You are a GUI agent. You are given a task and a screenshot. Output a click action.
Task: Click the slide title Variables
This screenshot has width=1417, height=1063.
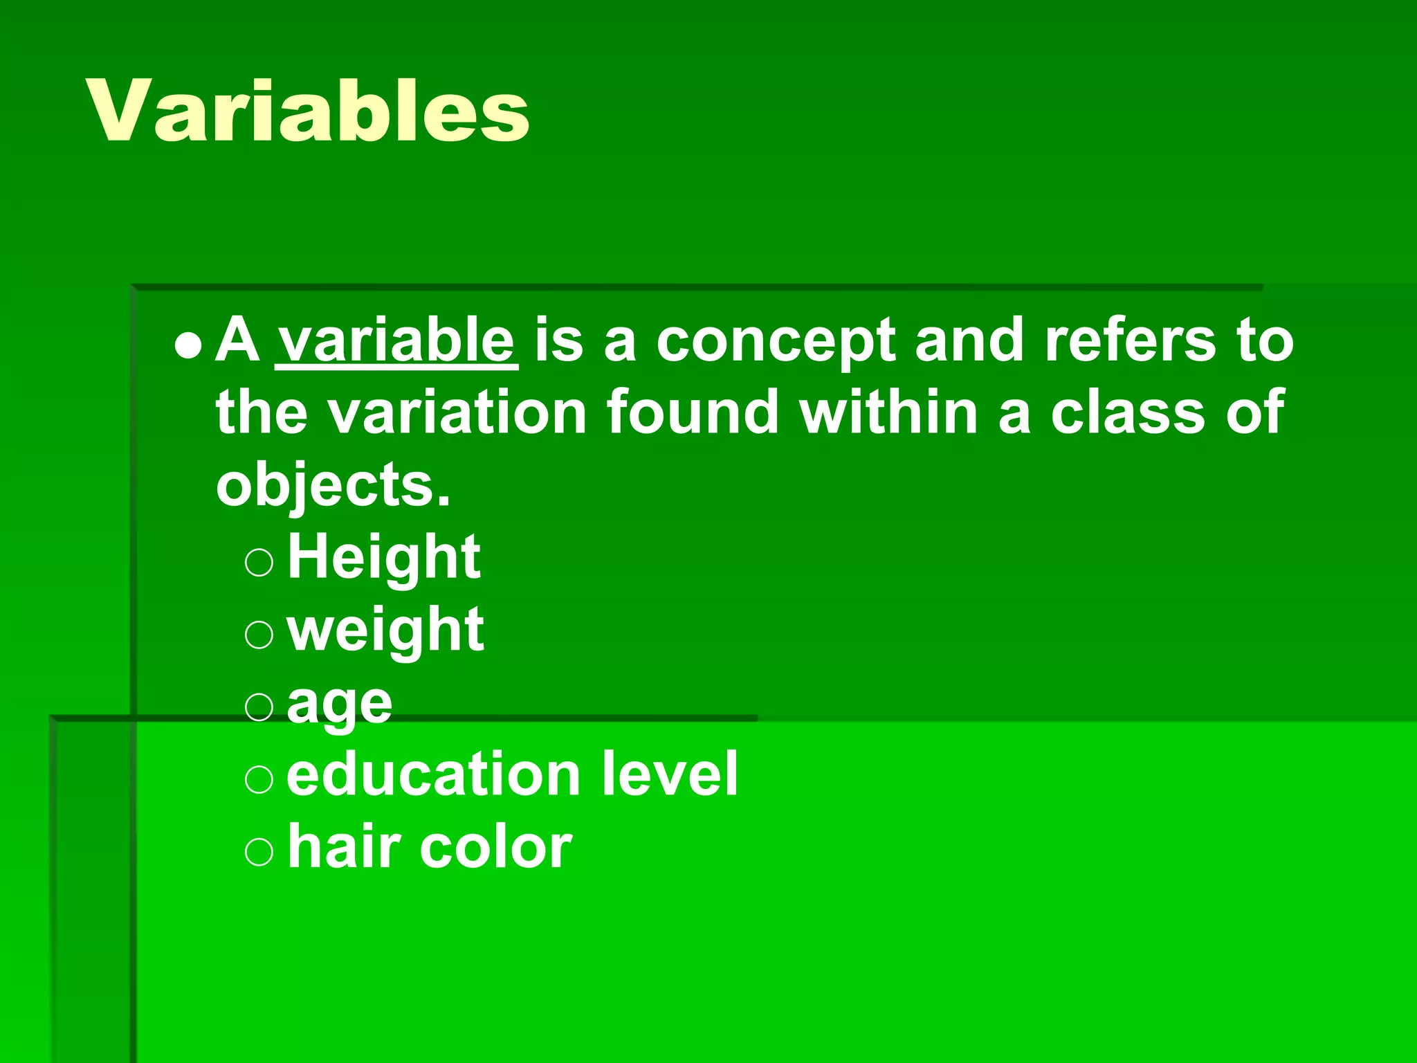[x=308, y=111]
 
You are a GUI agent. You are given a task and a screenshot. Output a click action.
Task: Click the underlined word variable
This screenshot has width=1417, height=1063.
[x=396, y=340]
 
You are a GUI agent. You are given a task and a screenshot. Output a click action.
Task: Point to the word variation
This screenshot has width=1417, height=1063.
[x=457, y=413]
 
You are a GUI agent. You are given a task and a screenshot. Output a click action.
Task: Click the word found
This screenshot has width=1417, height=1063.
[x=693, y=413]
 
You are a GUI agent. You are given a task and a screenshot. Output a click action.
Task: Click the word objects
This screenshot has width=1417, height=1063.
[x=333, y=486]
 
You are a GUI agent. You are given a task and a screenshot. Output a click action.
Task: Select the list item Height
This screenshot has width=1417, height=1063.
[x=383, y=558]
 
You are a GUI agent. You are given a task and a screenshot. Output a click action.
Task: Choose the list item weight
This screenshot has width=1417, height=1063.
[x=385, y=630]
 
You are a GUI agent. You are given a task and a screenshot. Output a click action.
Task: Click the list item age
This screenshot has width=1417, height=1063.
[x=339, y=705]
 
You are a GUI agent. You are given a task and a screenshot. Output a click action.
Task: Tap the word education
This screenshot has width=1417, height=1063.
[x=433, y=774]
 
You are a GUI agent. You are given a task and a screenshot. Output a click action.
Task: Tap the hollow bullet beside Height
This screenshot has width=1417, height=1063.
[x=259, y=563]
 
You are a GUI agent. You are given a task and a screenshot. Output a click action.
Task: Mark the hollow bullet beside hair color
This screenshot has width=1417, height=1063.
[x=259, y=852]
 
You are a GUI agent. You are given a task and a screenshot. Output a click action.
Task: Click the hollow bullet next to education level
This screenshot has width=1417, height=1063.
[x=259, y=779]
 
